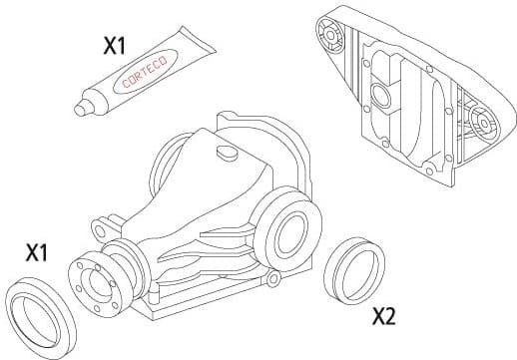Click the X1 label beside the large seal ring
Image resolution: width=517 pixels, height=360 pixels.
pyautogui.click(x=37, y=252)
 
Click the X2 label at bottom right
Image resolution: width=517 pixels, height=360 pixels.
pyautogui.click(x=384, y=316)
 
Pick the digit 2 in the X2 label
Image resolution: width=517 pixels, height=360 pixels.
pyautogui.click(x=392, y=316)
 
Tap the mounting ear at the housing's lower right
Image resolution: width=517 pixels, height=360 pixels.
pyautogui.click(x=270, y=282)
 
